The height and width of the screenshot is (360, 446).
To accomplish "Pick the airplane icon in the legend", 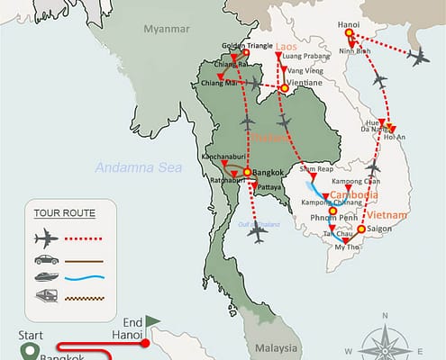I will (43, 238).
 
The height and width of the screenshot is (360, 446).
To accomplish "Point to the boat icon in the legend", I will (43, 279).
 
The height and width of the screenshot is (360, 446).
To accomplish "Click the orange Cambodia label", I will (353, 195).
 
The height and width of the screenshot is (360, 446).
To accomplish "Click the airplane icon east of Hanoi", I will (419, 58).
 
